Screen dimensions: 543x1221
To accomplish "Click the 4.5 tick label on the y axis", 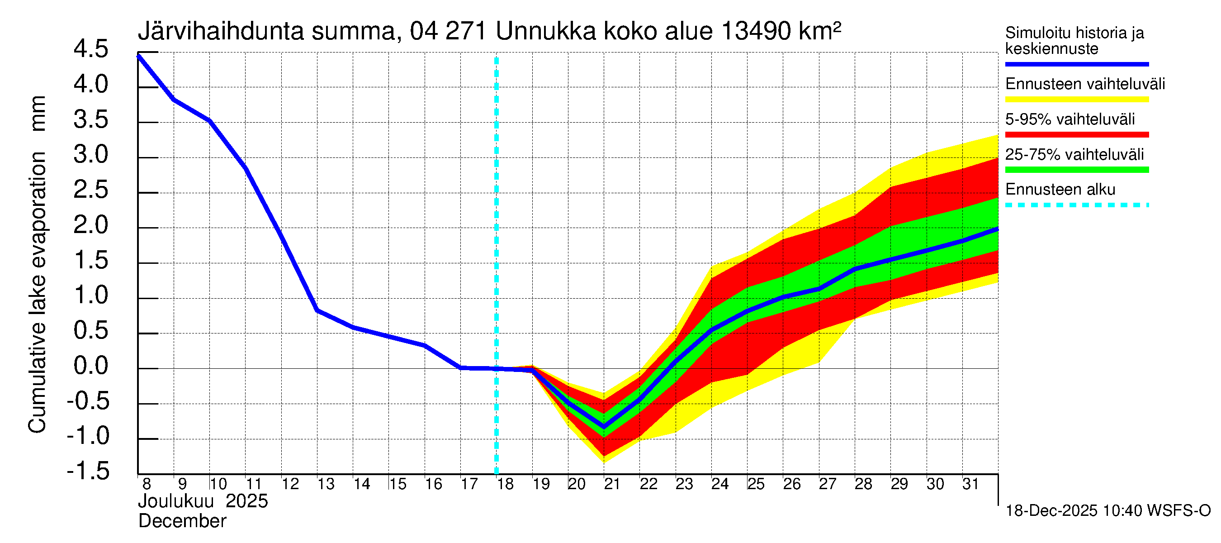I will tap(91, 49).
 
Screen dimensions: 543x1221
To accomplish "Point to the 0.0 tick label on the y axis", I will tap(91, 366).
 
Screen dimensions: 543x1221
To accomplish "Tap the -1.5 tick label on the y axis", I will tap(88, 472).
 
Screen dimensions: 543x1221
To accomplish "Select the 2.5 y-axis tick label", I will tap(91, 190).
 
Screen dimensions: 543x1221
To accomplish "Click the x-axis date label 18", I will tap(505, 484).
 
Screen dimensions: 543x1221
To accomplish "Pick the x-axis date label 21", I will tap(612, 484).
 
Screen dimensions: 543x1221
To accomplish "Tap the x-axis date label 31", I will tap(970, 484).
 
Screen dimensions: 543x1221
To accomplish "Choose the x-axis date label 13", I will tap(326, 484).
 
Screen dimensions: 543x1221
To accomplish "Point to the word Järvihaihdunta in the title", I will tap(221, 31).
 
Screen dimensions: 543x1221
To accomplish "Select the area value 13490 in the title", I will tap(756, 31).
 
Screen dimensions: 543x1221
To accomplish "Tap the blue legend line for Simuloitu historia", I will tap(1077, 64).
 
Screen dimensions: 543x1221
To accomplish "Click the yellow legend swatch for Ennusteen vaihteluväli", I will tap(1077, 100).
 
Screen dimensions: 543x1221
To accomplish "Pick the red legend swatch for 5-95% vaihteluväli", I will tap(1077, 135).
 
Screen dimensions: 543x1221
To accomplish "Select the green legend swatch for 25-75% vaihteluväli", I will tap(1077, 170).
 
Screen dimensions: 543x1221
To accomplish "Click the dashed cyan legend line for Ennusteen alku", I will tap(1077, 205).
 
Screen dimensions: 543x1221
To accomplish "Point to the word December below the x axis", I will tap(183, 521).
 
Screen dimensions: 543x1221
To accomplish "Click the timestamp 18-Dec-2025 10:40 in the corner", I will tap(1073, 511).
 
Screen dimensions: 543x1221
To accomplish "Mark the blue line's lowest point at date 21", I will tap(604, 427).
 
